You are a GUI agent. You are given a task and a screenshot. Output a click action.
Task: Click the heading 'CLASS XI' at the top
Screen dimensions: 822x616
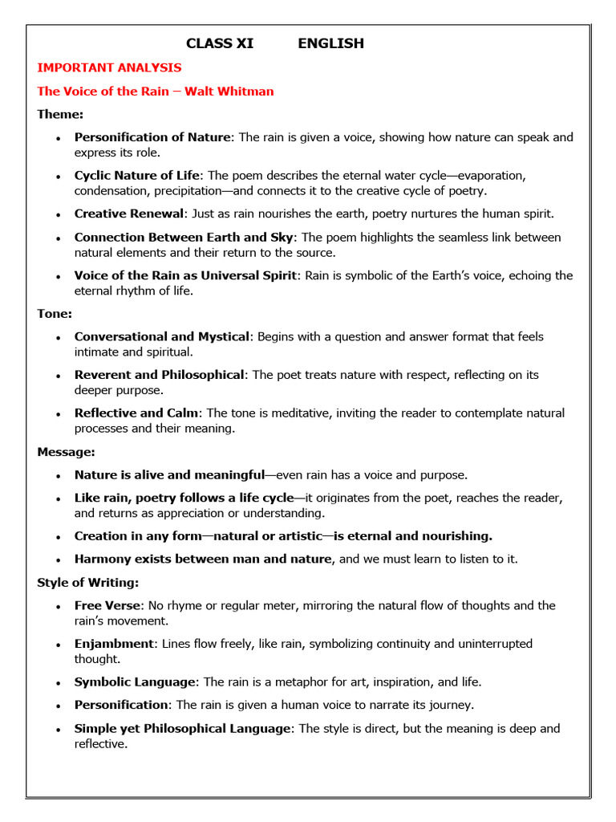[220, 43]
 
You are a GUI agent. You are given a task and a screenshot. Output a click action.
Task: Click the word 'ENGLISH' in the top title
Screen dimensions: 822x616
[330, 43]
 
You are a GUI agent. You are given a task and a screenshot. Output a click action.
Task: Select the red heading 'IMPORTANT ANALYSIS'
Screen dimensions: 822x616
[109, 67]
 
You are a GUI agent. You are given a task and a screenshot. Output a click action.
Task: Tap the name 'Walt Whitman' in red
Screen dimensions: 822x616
[229, 91]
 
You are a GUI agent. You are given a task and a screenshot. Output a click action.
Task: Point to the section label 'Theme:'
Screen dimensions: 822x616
[60, 114]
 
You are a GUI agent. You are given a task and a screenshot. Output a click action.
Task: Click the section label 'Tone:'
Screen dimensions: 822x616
[55, 314]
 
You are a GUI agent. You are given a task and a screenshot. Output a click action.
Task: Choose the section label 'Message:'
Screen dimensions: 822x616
[66, 452]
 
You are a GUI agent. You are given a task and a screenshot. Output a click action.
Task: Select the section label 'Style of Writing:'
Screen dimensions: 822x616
[87, 583]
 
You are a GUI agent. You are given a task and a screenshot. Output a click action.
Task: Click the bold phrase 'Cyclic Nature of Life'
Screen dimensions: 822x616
[136, 175]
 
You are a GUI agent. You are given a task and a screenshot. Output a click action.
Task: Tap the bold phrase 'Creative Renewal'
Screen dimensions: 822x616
[129, 214]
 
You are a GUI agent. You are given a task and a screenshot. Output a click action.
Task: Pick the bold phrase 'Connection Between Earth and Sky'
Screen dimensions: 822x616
[184, 237]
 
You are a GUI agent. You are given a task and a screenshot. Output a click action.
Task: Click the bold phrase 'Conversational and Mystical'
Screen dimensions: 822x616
[161, 336]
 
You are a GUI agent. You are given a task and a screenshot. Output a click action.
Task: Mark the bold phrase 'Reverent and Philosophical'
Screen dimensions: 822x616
[159, 375]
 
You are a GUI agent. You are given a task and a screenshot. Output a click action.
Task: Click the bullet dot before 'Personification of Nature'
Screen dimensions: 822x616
[58, 139]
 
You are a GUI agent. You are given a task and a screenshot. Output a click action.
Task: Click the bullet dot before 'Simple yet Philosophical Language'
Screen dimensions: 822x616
[58, 730]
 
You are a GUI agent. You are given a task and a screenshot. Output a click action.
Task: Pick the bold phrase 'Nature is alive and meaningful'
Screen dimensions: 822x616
[169, 474]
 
